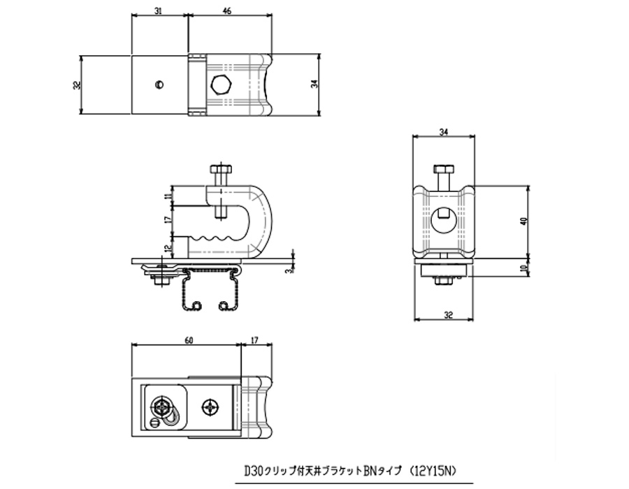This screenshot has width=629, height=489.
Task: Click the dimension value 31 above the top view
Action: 158,10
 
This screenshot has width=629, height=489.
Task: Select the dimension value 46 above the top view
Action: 227,10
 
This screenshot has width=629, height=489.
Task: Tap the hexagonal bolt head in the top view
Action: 221,85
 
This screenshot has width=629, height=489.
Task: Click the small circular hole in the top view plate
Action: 159,84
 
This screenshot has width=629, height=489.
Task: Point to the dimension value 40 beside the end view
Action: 523,221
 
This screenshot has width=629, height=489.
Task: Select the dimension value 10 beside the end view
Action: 523,268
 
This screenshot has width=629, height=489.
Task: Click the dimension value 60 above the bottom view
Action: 189,340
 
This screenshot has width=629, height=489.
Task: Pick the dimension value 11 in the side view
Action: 168,196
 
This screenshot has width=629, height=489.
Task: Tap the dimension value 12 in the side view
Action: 168,249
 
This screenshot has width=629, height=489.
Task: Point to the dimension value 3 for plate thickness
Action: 288,271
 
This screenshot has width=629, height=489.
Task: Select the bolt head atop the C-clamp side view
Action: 220,168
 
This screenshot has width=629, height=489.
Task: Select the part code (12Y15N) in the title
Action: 433,472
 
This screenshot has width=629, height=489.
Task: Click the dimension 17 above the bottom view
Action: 254,340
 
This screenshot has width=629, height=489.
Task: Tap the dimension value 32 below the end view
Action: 449,315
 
